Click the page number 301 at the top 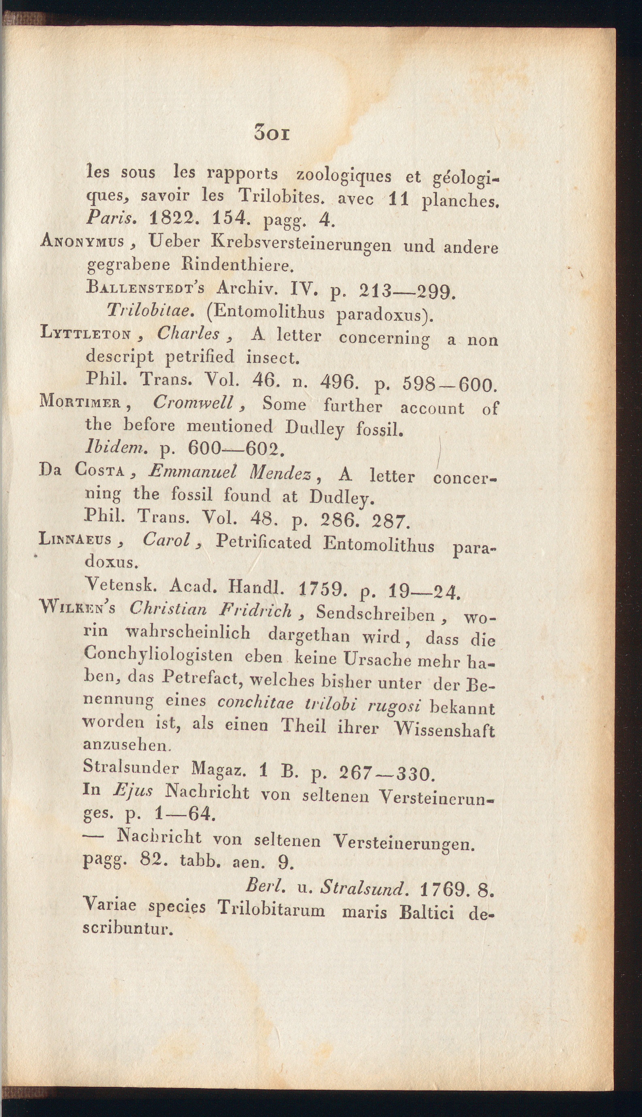[x=271, y=133]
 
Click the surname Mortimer [x=81, y=401]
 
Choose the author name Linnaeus [x=75, y=539]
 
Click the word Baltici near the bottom [x=426, y=913]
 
